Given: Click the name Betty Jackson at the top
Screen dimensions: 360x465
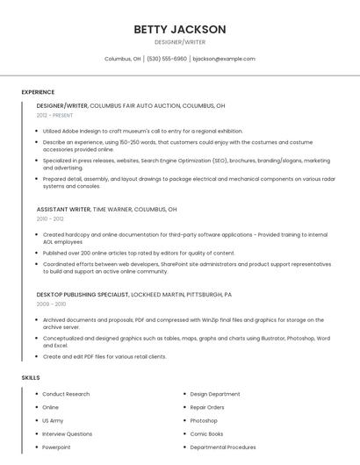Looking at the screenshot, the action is coord(180,30).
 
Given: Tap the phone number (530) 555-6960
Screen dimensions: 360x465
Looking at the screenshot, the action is coord(167,59).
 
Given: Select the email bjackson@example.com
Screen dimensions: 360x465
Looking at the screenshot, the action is coord(224,59).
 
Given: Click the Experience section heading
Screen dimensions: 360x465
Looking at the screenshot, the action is coord(38,92).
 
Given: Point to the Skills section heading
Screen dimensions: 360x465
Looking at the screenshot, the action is coord(31,377).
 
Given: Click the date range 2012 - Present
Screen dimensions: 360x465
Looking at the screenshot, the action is coord(54,115).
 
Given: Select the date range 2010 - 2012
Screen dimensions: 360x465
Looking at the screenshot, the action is coord(50,219).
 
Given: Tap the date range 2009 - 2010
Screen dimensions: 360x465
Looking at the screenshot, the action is coord(51,304).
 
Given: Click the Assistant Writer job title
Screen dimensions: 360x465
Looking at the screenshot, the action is coord(63,210).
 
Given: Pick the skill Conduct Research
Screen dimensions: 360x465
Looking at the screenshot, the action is coord(66,394).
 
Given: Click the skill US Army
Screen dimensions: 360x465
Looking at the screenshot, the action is coord(53,420).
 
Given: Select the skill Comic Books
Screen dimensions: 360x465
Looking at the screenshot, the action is coord(206,433).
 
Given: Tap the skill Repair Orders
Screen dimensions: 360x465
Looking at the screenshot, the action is coord(207,407).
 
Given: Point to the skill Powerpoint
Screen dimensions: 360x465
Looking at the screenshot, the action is coord(56,447).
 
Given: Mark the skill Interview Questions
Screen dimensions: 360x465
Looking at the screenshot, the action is coord(67,433).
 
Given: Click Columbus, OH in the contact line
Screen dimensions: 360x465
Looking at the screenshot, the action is coord(123,59).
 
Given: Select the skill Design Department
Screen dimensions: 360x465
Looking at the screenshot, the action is coord(214,394).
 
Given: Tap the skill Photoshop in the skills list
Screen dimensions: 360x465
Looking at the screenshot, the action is coord(204,420).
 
